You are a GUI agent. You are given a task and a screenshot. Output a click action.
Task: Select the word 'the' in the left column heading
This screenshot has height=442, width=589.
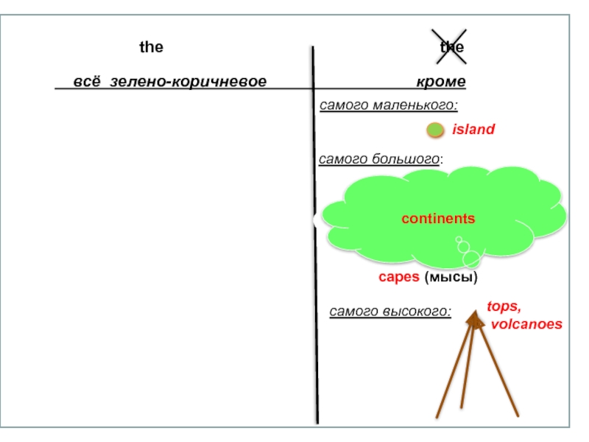(151, 47)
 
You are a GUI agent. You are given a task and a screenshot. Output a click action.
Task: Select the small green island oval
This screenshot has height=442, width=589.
(436, 130)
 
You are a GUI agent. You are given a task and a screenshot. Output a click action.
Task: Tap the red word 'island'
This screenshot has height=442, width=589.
(473, 130)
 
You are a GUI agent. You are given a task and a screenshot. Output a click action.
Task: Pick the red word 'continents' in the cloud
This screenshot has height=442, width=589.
(438, 219)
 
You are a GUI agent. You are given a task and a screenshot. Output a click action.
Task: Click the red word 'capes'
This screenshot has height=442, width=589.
(399, 278)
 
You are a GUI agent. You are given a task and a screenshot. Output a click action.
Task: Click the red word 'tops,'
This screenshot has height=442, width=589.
(504, 306)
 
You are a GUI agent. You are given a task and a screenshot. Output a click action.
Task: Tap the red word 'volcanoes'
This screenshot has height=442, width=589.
(526, 324)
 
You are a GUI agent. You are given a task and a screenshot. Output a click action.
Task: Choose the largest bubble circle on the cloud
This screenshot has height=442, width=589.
(471, 259)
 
